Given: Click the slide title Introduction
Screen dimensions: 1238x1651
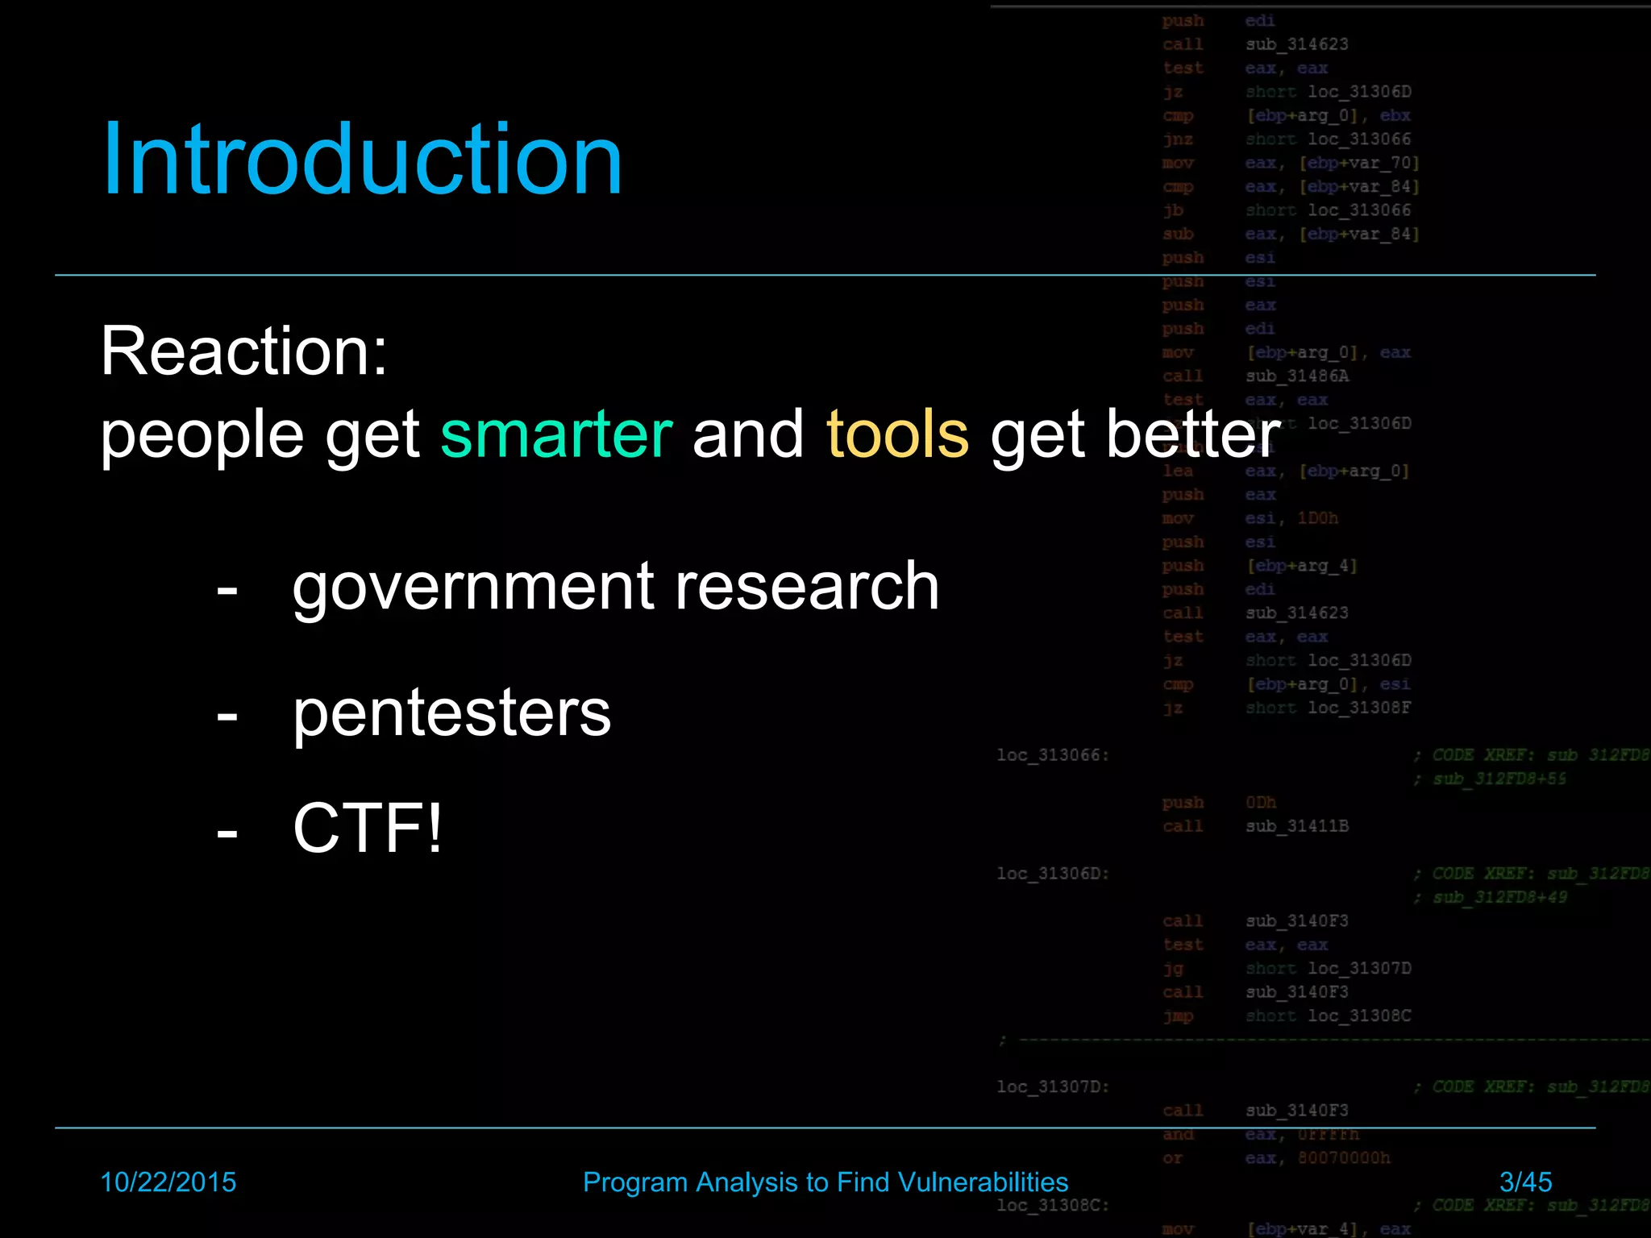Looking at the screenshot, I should point(362,159).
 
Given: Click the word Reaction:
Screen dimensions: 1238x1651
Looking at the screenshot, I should point(244,351).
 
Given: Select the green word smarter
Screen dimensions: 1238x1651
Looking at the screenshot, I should point(556,434).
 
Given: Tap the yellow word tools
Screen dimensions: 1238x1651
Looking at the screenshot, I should point(897,434).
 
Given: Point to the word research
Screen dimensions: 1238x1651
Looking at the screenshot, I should point(807,586).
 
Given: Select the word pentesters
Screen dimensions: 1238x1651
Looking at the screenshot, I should point(451,713).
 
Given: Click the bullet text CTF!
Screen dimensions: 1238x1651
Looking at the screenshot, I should point(368,828).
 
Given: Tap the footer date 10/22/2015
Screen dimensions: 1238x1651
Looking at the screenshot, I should point(168,1182).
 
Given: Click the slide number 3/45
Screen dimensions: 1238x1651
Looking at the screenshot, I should point(1525,1182).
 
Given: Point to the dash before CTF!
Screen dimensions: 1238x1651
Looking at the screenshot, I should point(227,831).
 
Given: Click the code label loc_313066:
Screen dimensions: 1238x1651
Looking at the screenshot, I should point(1053,755).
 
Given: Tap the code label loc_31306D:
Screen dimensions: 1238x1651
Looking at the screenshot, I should point(1053,874).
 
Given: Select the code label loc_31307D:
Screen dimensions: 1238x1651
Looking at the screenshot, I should point(1053,1086).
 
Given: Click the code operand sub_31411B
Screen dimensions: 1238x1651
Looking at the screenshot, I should point(1296,826).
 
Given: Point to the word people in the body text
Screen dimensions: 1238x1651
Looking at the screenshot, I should point(202,436).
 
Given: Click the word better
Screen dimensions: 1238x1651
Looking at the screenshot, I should point(1193,434).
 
